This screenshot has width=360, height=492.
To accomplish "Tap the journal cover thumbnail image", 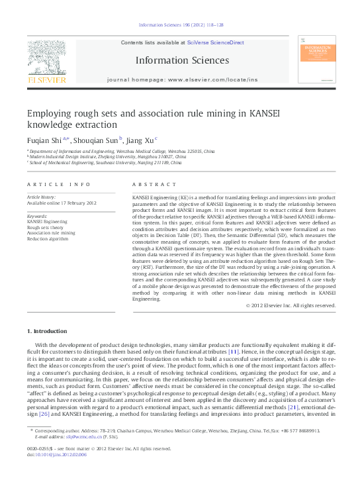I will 316,63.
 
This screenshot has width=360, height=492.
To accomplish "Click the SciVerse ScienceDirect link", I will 215,42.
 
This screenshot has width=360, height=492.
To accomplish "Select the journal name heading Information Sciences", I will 182,60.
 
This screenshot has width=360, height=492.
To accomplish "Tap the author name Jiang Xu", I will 140,140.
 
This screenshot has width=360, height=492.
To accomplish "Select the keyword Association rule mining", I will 51,233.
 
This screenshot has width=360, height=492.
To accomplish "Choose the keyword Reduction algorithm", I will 47,239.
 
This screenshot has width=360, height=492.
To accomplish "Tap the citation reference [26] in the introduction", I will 44,415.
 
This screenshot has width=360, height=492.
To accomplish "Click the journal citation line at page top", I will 181,25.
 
